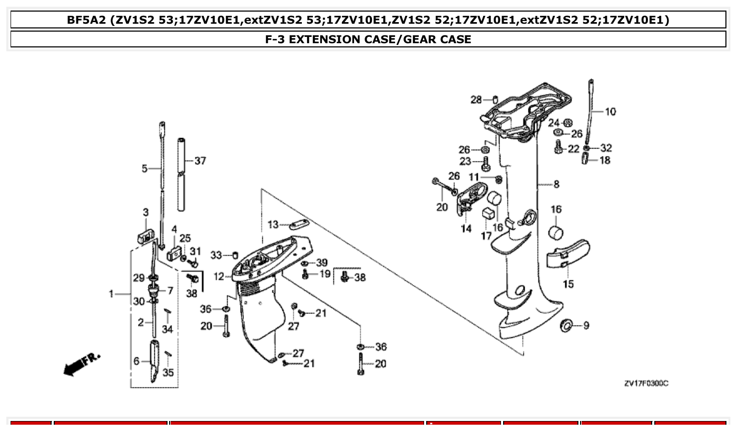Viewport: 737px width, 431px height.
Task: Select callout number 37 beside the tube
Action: coord(200,161)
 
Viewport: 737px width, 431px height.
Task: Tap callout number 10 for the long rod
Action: coord(610,112)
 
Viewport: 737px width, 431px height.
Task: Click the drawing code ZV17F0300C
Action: coord(646,384)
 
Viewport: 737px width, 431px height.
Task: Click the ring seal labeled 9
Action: coord(567,326)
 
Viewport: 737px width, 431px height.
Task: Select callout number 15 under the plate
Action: coord(568,285)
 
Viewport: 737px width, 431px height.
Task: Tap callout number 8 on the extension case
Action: coord(556,184)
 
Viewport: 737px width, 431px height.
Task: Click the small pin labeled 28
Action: coord(496,99)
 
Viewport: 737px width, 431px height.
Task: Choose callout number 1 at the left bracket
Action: coord(112,294)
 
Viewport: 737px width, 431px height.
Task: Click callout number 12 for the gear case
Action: coord(219,277)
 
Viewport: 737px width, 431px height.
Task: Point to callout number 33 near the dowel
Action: coord(217,255)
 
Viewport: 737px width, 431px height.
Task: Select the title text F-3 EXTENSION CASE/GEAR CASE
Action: coord(368,39)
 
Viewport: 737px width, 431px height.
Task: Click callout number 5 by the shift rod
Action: coord(144,169)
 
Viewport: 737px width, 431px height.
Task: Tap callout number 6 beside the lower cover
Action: coord(136,361)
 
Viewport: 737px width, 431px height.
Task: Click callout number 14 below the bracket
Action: coord(466,229)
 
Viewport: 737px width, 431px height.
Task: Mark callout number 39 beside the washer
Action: coord(321,262)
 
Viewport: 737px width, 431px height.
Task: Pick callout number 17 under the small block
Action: coord(486,236)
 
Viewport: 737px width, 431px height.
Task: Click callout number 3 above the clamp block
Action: coord(146,212)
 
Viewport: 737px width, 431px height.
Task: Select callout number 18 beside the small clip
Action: coord(605,160)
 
